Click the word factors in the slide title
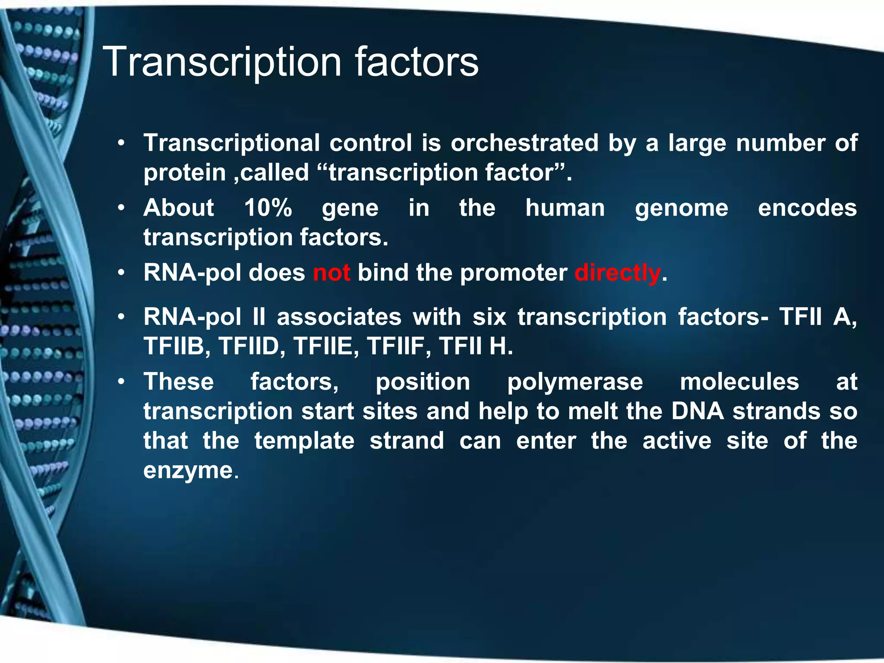pyautogui.click(x=417, y=63)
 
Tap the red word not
pyautogui.click(x=331, y=273)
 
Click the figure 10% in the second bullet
pyautogui.click(x=268, y=208)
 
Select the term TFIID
pyautogui.click(x=249, y=347)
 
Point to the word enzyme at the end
pyautogui.click(x=189, y=470)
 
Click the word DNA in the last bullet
pyautogui.click(x=698, y=411)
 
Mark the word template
pyautogui.click(x=304, y=441)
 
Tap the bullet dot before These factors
pyautogui.click(x=122, y=382)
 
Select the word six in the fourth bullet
pyautogui.click(x=489, y=317)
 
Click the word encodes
pyautogui.click(x=807, y=208)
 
